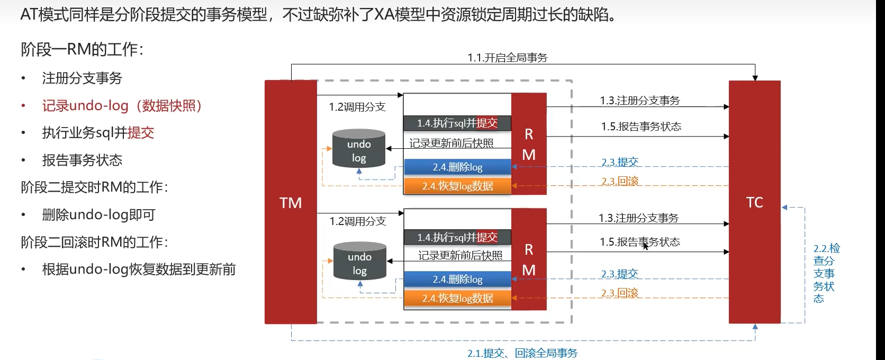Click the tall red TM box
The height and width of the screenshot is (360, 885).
tap(291, 202)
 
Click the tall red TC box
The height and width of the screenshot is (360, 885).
tap(754, 202)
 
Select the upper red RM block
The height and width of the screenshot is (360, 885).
tap(529, 144)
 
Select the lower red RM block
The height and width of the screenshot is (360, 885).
tap(529, 259)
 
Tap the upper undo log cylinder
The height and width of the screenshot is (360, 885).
tap(359, 149)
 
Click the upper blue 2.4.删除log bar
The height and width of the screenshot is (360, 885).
tap(457, 167)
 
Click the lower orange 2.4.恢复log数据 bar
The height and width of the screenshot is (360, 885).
tap(457, 299)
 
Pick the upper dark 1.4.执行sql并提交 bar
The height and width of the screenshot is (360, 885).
tap(457, 123)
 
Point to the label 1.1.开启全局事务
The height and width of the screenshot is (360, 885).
tap(507, 58)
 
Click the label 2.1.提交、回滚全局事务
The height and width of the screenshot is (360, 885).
tap(522, 353)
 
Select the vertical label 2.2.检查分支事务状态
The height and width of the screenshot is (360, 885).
tap(825, 273)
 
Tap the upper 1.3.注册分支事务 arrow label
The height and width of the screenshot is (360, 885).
tap(639, 101)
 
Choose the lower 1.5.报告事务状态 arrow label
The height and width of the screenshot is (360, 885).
tap(639, 242)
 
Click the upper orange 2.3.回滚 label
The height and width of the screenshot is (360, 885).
tap(620, 181)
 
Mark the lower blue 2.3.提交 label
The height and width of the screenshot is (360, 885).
tap(619, 274)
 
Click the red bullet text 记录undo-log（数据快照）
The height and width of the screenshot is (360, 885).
tap(122, 106)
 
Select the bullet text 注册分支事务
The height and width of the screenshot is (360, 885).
tap(82, 78)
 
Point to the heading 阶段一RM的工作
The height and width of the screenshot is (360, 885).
tap(82, 50)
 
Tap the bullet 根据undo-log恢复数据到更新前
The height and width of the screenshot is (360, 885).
tap(139, 269)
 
